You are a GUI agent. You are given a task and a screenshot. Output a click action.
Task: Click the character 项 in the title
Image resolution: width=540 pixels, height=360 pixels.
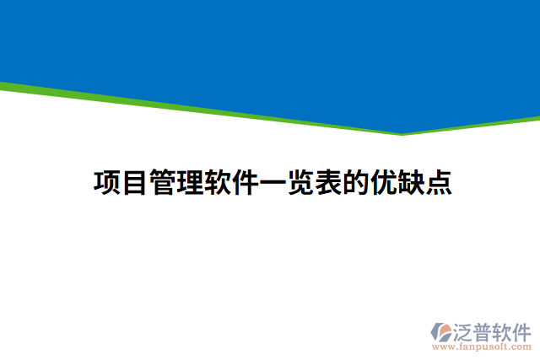106,182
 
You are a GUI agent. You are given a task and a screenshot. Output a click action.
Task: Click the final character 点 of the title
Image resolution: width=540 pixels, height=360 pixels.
438,182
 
